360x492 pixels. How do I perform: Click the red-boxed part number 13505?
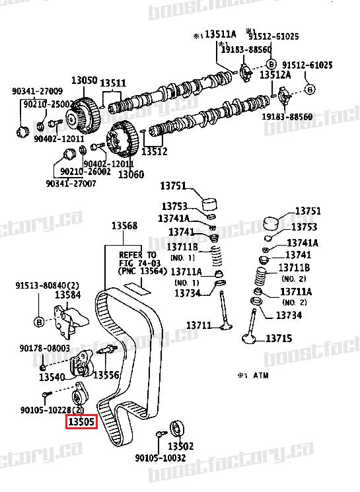[x=81, y=421]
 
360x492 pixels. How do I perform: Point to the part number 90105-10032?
[x=161, y=458]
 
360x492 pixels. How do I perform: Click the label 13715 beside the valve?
[x=278, y=339]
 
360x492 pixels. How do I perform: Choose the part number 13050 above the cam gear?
[x=85, y=80]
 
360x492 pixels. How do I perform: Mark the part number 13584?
[x=68, y=295]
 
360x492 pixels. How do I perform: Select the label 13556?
[x=106, y=375]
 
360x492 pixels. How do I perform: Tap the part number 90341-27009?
[x=37, y=91]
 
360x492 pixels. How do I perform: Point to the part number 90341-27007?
[x=71, y=183]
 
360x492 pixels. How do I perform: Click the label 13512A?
[x=275, y=75]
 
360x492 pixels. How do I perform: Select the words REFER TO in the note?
[x=137, y=254]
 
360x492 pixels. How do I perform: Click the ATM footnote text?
[x=252, y=374]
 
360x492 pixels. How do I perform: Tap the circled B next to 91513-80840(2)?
[x=38, y=322]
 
